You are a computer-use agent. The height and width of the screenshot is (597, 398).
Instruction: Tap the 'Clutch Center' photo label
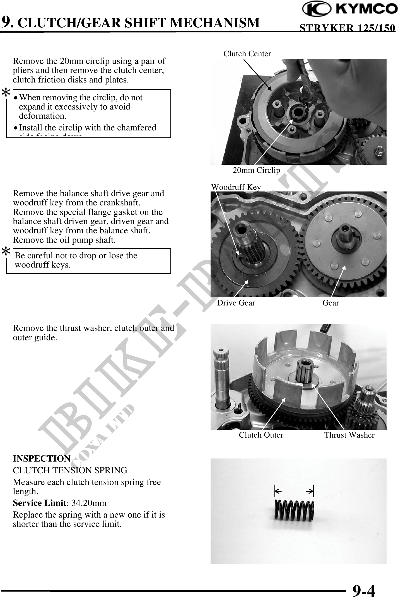(x=247, y=54)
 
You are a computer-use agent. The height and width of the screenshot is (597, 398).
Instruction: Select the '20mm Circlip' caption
(x=256, y=170)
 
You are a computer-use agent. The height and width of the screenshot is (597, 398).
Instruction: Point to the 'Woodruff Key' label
(x=236, y=187)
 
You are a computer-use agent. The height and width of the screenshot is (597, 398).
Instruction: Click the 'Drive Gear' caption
(x=236, y=303)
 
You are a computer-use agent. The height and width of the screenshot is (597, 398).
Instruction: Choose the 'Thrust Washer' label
(x=349, y=435)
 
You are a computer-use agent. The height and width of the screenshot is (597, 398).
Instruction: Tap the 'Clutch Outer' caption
(x=261, y=435)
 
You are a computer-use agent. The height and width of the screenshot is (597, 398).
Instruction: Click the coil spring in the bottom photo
(x=294, y=510)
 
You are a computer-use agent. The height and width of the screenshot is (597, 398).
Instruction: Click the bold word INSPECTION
(x=42, y=458)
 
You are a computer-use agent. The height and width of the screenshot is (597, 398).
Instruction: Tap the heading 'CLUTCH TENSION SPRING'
(x=70, y=470)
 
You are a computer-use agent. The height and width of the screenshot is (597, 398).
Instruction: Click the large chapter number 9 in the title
(x=7, y=22)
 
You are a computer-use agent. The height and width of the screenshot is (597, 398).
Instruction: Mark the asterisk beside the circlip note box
(x=6, y=93)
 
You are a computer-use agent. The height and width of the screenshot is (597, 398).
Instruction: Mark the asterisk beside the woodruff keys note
(x=6, y=251)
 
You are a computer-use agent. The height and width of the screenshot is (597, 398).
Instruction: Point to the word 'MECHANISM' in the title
(x=215, y=23)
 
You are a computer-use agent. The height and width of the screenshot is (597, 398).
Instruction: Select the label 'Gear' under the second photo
(x=331, y=303)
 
